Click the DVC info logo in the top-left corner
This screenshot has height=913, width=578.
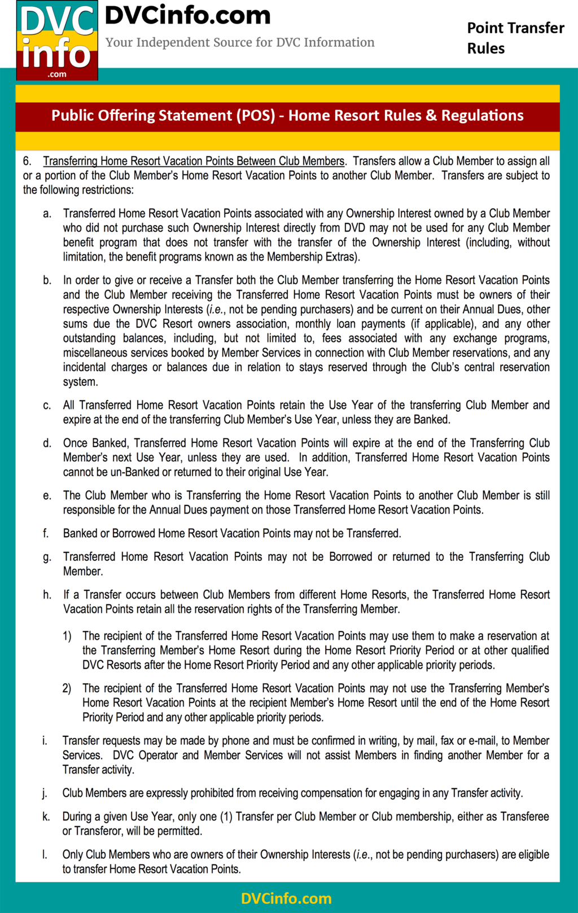[57, 41]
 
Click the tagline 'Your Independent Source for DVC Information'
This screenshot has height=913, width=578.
[240, 42]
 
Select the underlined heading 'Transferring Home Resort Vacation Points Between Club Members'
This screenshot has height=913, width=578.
[194, 161]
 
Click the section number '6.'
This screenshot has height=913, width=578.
[27, 161]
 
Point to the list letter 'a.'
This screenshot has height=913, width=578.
[47, 214]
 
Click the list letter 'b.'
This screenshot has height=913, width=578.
[47, 280]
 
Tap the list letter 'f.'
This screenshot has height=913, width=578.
[46, 534]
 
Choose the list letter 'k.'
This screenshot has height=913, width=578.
[46, 817]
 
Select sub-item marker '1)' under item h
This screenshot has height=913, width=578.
[67, 637]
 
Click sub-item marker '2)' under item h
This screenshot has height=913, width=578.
[67, 689]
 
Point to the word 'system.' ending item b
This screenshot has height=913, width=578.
[80, 382]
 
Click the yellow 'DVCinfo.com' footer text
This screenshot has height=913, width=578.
[286, 898]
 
